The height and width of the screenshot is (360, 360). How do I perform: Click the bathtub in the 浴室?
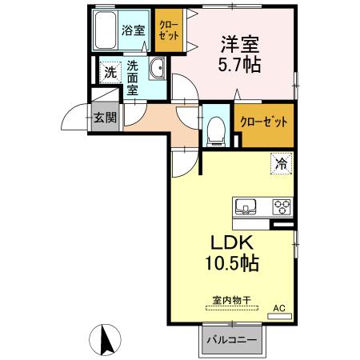pos(105,32)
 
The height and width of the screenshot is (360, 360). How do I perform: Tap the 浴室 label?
pos(134,30)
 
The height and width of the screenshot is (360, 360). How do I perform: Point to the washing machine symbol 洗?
pos(110,72)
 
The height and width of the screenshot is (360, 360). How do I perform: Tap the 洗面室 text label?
pos(133,76)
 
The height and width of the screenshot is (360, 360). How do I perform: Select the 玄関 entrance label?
pos(104,118)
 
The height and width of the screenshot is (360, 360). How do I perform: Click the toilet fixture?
pos(215,130)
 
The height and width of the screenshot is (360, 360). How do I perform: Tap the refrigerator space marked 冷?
pos(282,163)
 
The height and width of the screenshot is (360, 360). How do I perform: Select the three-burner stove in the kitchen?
pos(282,206)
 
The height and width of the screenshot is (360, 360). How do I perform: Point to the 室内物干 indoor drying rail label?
pos(231,300)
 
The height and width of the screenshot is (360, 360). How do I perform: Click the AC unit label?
pos(279,307)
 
